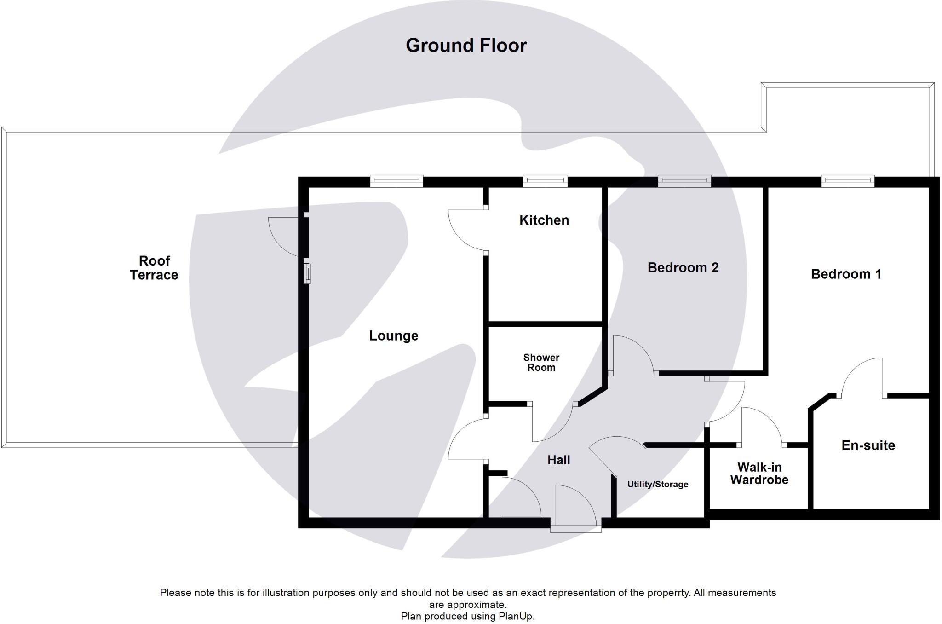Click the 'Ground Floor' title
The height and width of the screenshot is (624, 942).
tap(466, 46)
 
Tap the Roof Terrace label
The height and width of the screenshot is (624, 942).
tap(154, 268)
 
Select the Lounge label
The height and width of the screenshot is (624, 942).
tap(394, 335)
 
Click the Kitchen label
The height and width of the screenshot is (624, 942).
tap(544, 220)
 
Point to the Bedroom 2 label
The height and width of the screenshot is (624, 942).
tap(683, 267)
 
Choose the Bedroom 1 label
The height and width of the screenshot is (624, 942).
tap(846, 274)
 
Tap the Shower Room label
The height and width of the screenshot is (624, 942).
tap(541, 362)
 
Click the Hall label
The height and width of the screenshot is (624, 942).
tap(558, 460)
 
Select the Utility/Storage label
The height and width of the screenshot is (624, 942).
tap(658, 484)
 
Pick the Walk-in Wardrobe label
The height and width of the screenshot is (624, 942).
tap(759, 473)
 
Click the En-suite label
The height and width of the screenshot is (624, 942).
tap(868, 445)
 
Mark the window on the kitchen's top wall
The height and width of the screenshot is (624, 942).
tap(545, 181)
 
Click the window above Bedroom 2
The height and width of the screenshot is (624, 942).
tap(684, 181)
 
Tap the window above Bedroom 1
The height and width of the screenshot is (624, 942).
tap(848, 181)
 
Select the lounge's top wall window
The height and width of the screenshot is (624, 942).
tap(396, 181)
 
